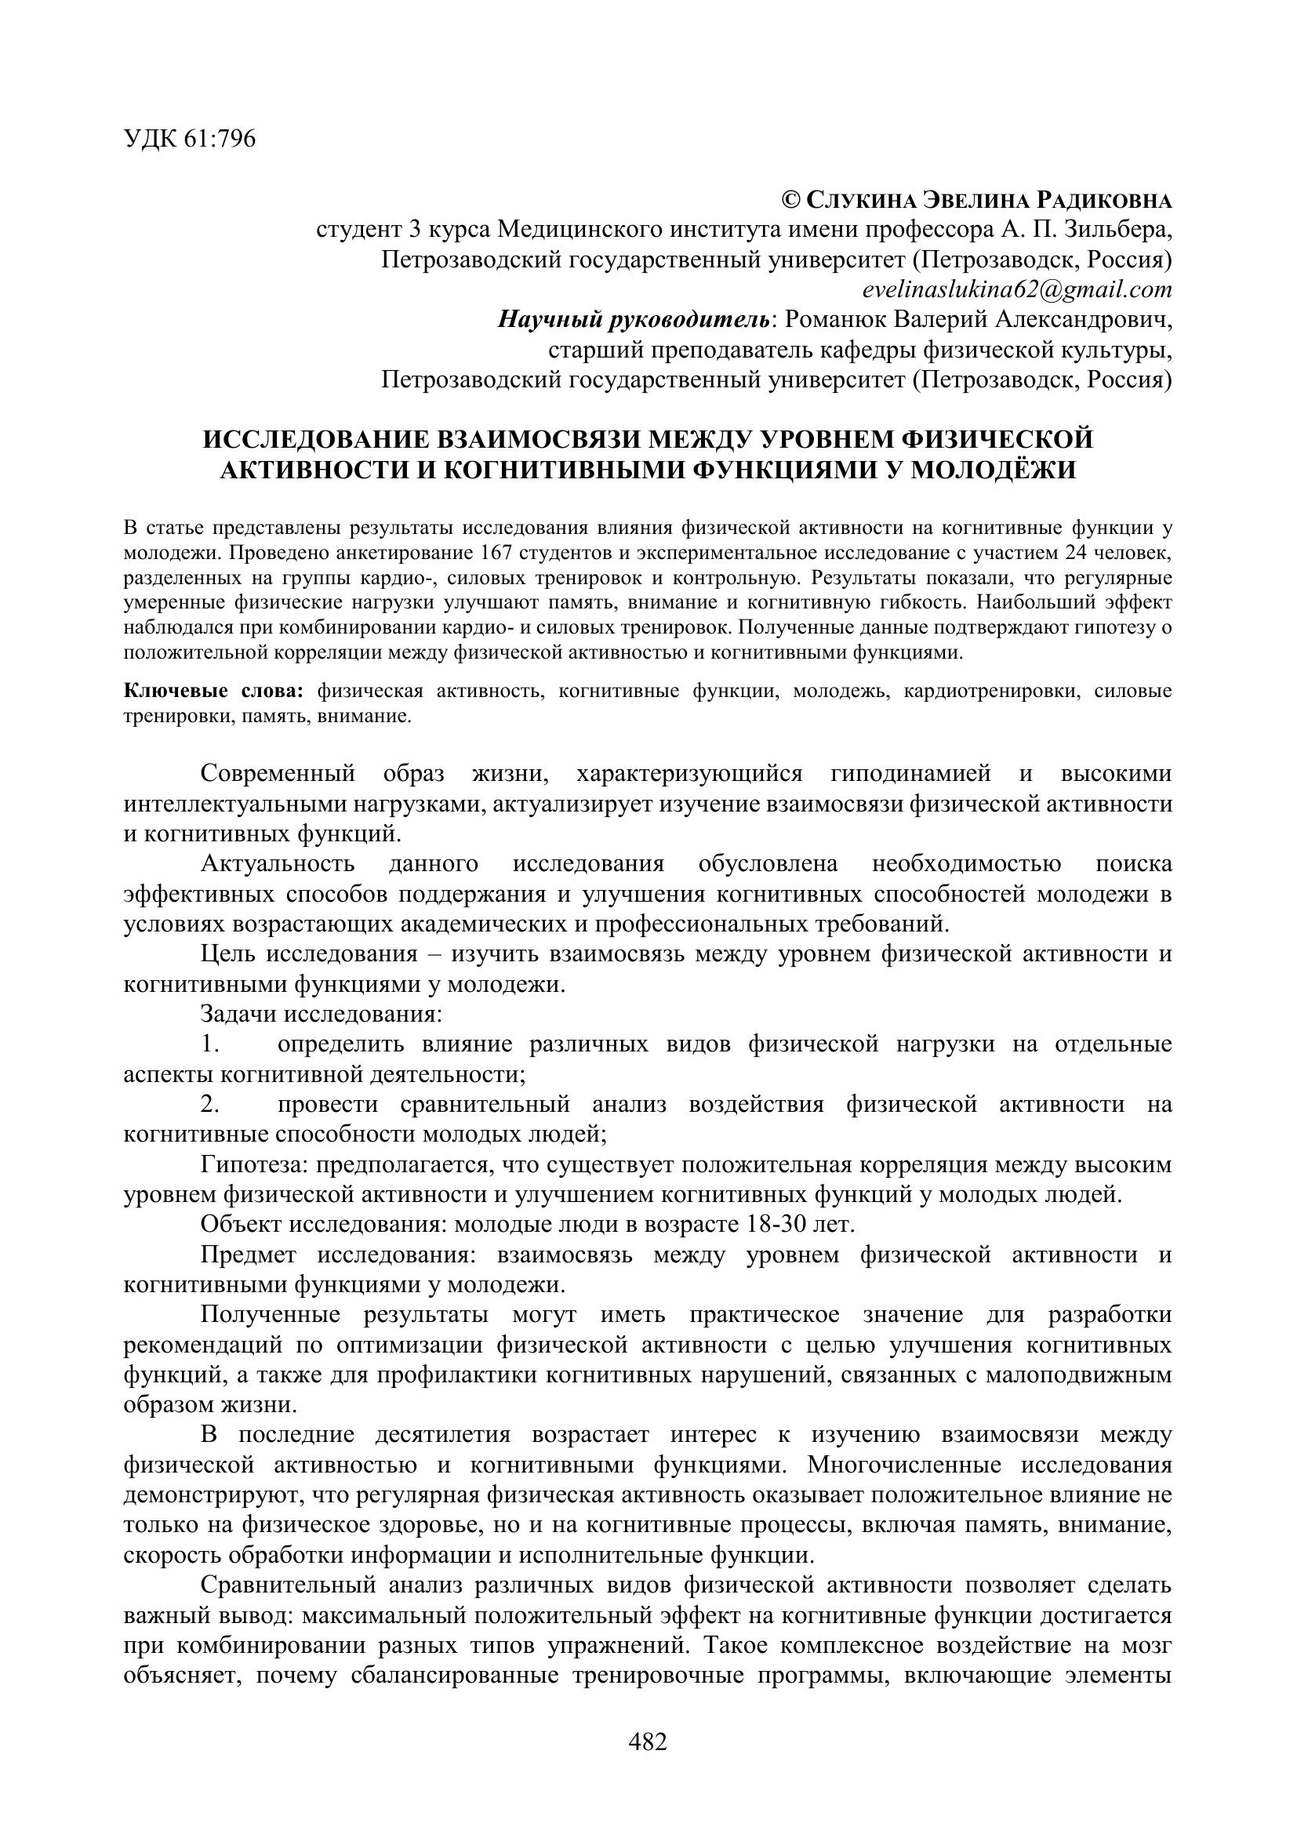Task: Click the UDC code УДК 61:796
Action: [x=190, y=140]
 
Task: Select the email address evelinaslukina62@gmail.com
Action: [x=1018, y=289]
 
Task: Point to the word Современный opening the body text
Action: [x=277, y=774]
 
